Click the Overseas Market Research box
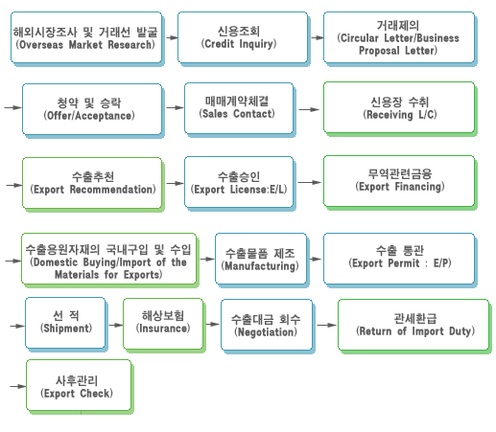tap(86, 37)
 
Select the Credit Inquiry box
tap(243, 37)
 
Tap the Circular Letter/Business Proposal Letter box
tap(399, 37)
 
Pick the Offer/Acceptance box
tap(92, 109)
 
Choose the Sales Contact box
tap(239, 108)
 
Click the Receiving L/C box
tap(399, 107)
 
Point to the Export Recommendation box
tap(92, 183)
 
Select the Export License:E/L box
tap(239, 182)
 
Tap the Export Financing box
tap(399, 181)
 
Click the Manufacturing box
tap(261, 259)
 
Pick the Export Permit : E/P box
tap(399, 259)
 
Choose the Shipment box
tap(65, 323)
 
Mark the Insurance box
tap(163, 324)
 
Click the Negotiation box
tap(267, 325)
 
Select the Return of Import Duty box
tap(413, 325)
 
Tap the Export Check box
tap(79, 385)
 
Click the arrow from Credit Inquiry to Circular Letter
tap(318, 37)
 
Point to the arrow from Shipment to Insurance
tap(116, 325)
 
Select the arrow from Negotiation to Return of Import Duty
tap(327, 325)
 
